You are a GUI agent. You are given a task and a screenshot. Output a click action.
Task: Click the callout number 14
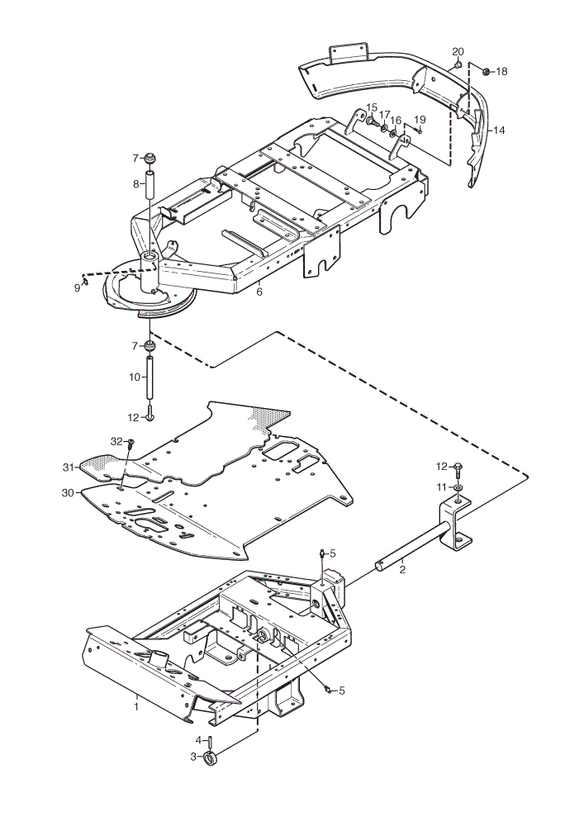click(499, 130)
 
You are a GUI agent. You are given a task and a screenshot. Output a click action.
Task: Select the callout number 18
click(501, 71)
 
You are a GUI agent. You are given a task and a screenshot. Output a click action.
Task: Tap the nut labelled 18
click(487, 70)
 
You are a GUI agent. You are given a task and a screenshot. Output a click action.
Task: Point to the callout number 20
click(458, 51)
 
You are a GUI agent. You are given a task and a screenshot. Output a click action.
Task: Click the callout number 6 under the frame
click(259, 292)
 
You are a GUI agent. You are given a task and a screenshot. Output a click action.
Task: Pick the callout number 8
click(135, 184)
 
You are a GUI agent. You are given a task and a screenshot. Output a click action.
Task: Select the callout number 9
click(78, 287)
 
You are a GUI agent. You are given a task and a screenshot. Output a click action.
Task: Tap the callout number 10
click(135, 377)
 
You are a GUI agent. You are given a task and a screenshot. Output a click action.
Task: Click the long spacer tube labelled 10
click(149, 377)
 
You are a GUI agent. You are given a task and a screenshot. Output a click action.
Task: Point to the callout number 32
click(116, 441)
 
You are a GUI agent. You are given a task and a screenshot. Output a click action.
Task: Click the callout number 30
click(69, 492)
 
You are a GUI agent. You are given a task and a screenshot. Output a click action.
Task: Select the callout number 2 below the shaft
click(402, 570)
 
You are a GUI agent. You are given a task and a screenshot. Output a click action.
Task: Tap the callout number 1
click(136, 706)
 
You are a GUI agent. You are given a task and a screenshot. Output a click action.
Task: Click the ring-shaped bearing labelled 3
click(210, 759)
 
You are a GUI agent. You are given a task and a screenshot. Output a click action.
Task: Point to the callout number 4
click(198, 740)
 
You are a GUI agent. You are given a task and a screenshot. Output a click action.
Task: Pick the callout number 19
click(420, 119)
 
